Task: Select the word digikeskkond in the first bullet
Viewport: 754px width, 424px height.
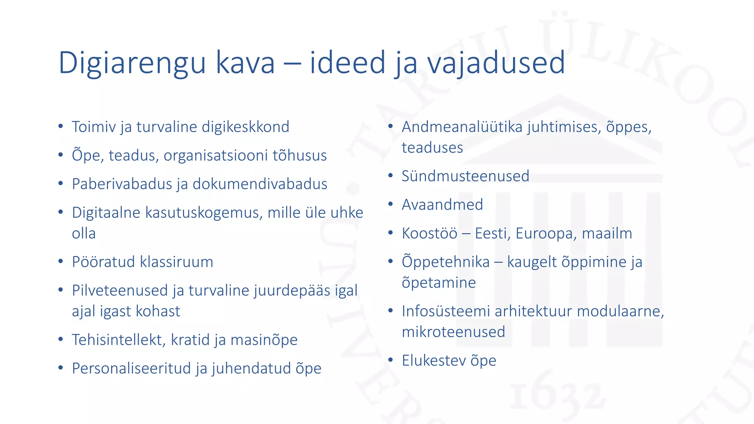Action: click(246, 127)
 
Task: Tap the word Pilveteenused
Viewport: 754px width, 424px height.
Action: click(120, 290)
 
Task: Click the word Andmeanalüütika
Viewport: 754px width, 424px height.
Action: click(462, 127)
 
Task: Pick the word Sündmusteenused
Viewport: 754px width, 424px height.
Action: click(465, 176)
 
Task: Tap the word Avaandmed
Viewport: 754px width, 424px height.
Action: click(442, 205)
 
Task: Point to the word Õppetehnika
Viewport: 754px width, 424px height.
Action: click(445, 262)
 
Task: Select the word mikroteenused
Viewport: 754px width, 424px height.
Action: click(453, 332)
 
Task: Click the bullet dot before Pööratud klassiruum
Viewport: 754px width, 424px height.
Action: click(61, 262)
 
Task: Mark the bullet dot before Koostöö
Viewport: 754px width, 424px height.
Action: click(391, 233)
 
